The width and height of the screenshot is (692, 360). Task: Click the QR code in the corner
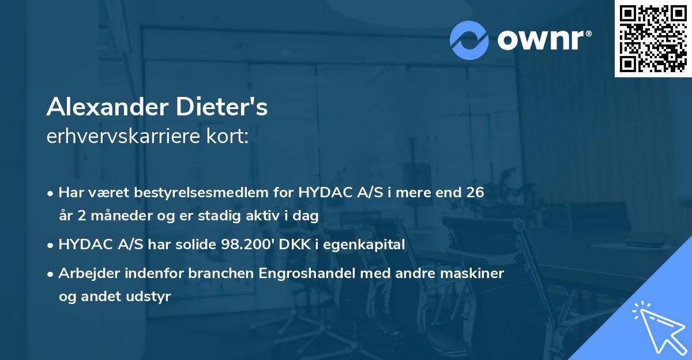point(653,38)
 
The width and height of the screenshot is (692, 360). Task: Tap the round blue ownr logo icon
point(469,39)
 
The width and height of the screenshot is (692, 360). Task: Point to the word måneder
point(120,216)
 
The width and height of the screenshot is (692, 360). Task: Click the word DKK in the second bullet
point(291,245)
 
